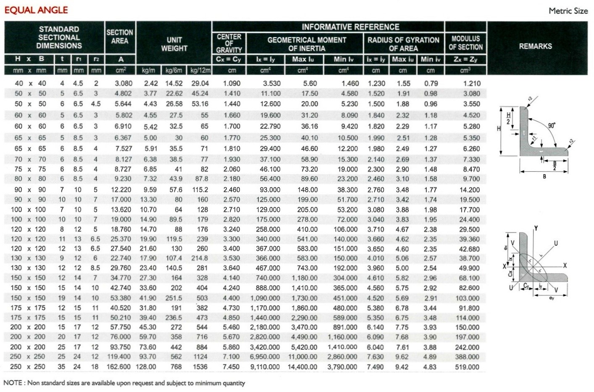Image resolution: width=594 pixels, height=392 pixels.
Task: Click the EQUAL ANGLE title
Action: click(x=36, y=10)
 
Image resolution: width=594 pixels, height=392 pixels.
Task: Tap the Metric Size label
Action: click(x=568, y=11)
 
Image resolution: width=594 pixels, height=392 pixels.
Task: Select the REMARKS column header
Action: click(x=535, y=46)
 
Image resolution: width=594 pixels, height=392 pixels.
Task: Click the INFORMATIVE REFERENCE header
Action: click(x=350, y=27)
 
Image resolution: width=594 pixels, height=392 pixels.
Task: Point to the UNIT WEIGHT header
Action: click(x=174, y=44)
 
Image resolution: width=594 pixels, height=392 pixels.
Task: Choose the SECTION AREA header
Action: click(x=120, y=37)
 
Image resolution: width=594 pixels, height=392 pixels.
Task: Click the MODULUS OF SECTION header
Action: click(x=465, y=43)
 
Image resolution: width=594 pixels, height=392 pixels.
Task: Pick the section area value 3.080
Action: click(x=124, y=83)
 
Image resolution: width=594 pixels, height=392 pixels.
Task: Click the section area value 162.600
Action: click(x=119, y=367)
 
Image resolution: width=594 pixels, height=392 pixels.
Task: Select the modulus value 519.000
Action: click(x=467, y=367)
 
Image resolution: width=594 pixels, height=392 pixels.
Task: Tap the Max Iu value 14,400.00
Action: click(x=302, y=367)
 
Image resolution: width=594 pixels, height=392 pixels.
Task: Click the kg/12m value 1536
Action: click(x=200, y=367)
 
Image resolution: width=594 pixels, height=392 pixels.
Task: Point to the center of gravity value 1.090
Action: click(x=232, y=83)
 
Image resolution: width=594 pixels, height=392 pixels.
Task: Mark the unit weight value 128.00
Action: click(x=146, y=367)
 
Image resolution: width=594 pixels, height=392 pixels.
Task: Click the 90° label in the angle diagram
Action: click(x=552, y=125)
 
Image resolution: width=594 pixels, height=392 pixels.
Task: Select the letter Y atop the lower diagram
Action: click(x=536, y=228)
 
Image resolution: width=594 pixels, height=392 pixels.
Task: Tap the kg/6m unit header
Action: click(x=174, y=70)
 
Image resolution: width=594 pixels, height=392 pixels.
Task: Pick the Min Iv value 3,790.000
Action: click(x=342, y=367)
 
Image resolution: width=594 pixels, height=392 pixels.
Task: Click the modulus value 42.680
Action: click(x=469, y=249)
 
